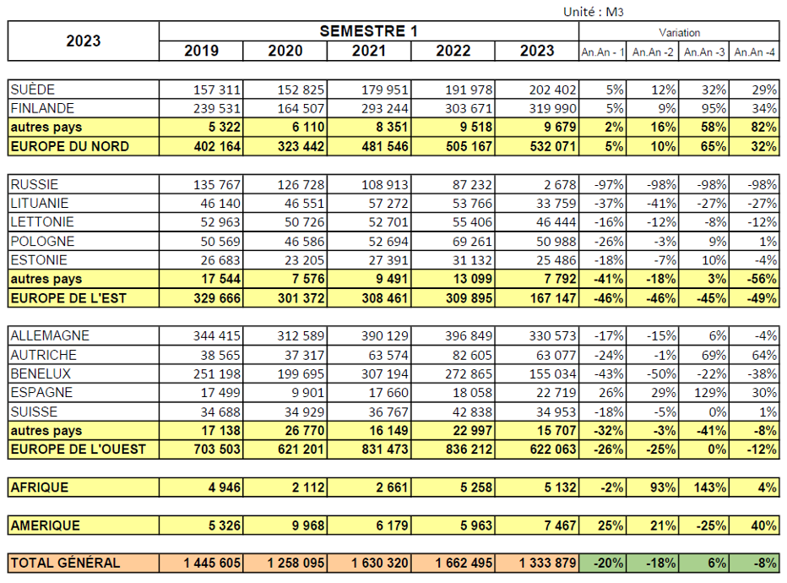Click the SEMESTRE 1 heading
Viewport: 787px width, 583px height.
point(368,31)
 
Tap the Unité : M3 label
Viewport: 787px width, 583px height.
point(594,12)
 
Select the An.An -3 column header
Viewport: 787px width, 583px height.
point(704,52)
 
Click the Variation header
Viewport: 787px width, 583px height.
point(679,33)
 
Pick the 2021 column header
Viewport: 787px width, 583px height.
point(369,51)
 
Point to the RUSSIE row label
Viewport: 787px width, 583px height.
point(34,184)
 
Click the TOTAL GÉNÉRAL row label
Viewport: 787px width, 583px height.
point(65,563)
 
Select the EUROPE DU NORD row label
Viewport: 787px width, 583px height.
point(70,146)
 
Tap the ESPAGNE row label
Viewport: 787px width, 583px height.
point(41,392)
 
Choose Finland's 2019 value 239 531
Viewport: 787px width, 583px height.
point(217,108)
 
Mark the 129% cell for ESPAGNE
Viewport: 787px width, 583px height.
point(710,393)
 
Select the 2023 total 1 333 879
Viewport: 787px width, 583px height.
point(547,563)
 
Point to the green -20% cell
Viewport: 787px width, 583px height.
point(608,563)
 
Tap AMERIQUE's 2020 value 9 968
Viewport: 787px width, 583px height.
point(309,526)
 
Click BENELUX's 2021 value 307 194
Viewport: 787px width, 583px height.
point(385,374)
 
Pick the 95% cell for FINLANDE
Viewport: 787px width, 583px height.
point(714,108)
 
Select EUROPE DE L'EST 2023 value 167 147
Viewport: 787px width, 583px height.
point(553,298)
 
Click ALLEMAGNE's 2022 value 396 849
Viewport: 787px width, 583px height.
point(469,335)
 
